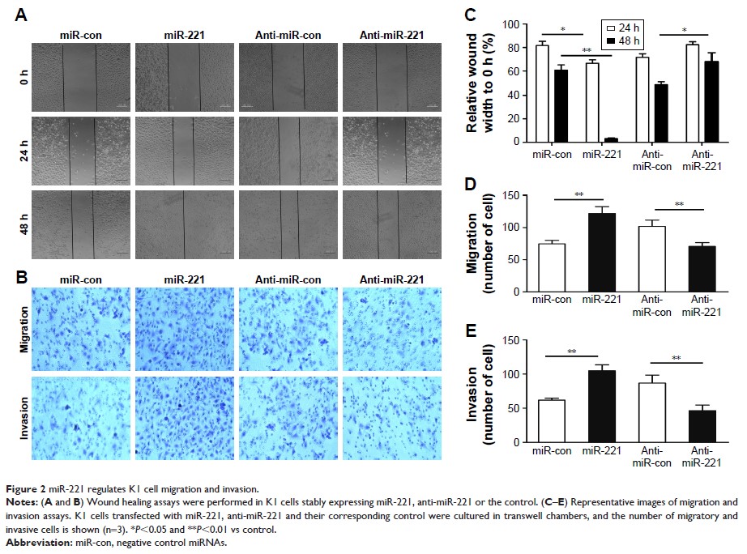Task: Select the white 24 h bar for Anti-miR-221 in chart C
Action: tap(691, 93)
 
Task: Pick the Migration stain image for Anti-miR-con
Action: tap(288, 327)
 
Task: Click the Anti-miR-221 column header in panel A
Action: tap(391, 35)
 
